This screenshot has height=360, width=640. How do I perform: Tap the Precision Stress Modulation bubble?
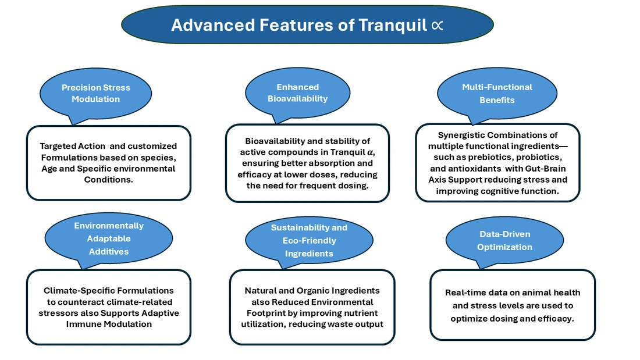coord(96,94)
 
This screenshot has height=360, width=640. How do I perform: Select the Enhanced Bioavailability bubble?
coord(297,93)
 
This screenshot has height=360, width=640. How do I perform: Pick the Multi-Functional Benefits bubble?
coord(497,93)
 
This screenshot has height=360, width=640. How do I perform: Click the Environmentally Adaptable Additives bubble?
coord(109,238)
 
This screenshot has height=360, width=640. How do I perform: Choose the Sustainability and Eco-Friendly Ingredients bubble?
coord(309,240)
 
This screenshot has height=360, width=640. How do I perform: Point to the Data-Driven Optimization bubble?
coord(504,240)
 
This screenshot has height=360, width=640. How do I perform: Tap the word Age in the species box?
coord(50,169)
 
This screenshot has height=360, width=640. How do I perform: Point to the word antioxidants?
coord(470,168)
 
